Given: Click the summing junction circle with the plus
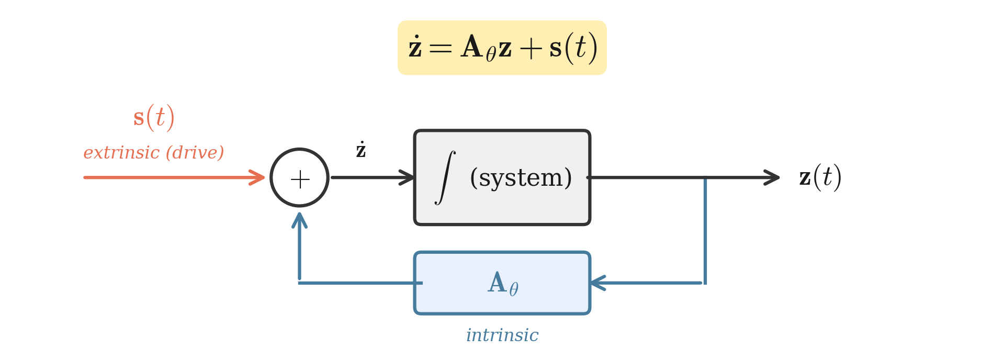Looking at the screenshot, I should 299,178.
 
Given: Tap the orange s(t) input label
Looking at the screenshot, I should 153,117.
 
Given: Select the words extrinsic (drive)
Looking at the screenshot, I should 153,153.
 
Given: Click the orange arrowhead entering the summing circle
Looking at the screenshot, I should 257,177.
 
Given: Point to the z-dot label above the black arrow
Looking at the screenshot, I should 360,150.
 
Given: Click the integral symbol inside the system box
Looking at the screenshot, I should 445,177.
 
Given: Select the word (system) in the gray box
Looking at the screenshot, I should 521,178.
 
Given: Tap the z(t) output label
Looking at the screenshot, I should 820,177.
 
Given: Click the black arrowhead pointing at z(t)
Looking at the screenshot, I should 772,177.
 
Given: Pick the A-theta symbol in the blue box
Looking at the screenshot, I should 503,284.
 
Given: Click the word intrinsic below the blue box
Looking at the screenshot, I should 502,335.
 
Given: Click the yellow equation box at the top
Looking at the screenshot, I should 502,48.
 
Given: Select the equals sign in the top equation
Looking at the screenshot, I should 440,49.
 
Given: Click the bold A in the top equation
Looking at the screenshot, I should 471,47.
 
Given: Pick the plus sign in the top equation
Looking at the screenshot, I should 531,49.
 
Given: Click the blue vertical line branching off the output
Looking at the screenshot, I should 705,230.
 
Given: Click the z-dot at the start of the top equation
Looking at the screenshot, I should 415,48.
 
